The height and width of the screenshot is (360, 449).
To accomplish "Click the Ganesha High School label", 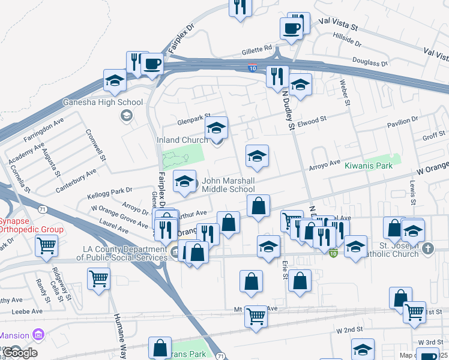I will pyautogui.click(x=103, y=102).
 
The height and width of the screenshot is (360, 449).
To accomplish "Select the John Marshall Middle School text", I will pyautogui.click(x=228, y=185).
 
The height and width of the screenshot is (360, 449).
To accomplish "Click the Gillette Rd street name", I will pyautogui.click(x=257, y=48).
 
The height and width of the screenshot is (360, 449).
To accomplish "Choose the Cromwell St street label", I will pyautogui.click(x=95, y=145).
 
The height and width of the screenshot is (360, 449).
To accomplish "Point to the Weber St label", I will pyautogui.click(x=345, y=92).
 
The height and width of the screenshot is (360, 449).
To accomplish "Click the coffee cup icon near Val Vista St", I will pyautogui.click(x=291, y=28).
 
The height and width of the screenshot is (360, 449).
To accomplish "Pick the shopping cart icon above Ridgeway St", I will pyautogui.click(x=46, y=244).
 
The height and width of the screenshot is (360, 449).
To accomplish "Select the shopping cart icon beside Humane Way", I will pyautogui.click(x=98, y=278).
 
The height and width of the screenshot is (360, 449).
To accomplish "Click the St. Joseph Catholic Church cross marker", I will pyautogui.click(x=427, y=248).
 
